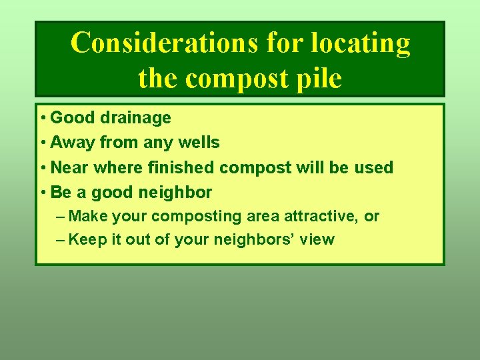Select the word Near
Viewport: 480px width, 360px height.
tap(71, 167)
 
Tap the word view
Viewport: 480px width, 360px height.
tap(317, 239)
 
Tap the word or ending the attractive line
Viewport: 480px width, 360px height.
tap(371, 217)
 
